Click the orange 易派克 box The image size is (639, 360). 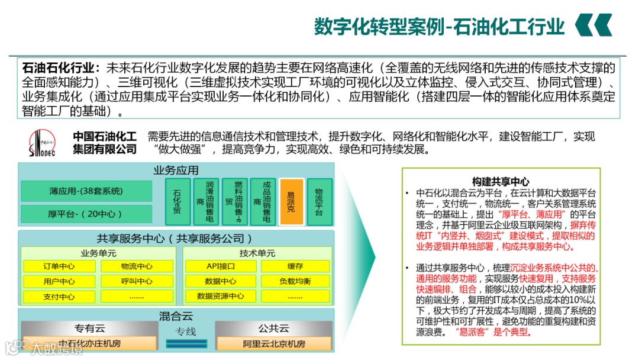[291, 202]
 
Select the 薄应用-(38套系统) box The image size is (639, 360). [86, 191]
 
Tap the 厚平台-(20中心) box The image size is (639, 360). [86, 213]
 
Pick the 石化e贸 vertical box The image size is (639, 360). [177, 202]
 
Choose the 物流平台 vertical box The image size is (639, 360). [319, 202]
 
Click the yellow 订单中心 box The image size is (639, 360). [59, 266]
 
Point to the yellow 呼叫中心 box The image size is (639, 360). [137, 281]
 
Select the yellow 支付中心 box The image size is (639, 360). [59, 297]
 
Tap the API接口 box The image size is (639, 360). [221, 266]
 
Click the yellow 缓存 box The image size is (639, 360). [295, 266]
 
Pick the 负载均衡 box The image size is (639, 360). [295, 281]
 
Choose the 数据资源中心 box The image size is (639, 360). [221, 296]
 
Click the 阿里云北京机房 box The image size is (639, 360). [274, 343]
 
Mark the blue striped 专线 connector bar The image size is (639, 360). [186, 343]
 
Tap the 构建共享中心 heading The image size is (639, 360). [501, 182]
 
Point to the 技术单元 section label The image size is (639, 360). [257, 253]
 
